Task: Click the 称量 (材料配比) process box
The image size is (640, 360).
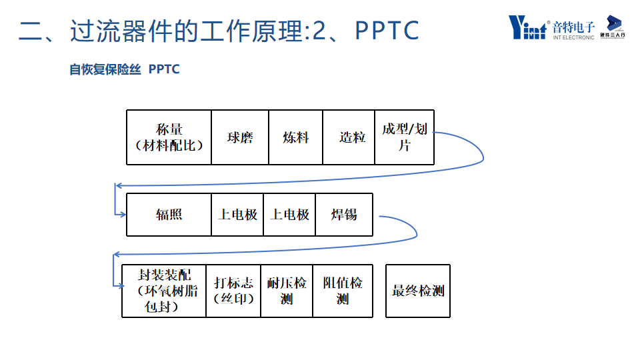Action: point(169,137)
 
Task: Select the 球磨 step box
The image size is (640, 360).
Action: point(240,137)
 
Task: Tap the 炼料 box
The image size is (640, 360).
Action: point(295,137)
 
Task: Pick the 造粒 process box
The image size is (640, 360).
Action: point(349,137)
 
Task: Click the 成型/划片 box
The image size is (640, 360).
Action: point(404,137)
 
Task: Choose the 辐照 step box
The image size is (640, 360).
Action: point(169,215)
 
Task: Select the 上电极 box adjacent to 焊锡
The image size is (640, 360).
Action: point(289,215)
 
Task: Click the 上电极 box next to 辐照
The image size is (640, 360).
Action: point(237,215)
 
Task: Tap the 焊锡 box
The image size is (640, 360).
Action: point(344,215)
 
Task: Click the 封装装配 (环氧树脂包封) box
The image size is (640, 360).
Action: point(164,291)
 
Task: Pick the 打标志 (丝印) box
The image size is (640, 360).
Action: point(233,291)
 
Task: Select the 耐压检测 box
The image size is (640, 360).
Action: point(287,291)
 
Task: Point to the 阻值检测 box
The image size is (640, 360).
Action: point(342,291)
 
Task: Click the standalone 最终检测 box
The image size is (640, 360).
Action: point(418,291)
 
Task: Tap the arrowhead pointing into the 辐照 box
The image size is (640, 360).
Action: point(123,215)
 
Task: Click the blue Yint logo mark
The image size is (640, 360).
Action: point(527,27)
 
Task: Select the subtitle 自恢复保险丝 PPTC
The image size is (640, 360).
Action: point(125,69)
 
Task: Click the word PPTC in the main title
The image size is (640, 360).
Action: point(387,30)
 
